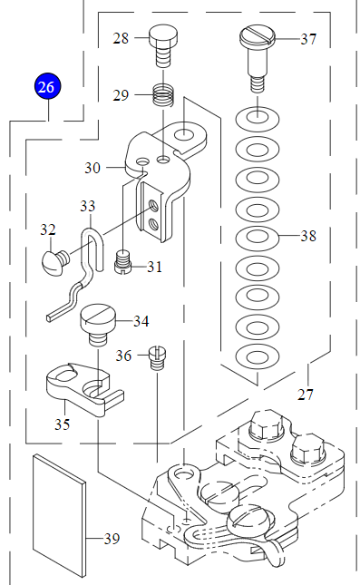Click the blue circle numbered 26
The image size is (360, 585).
click(46, 86)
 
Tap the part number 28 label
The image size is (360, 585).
click(121, 38)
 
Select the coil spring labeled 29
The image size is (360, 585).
click(164, 95)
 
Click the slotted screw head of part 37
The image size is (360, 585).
click(258, 35)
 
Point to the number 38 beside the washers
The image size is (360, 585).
click(308, 236)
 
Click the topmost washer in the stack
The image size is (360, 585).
click(258, 120)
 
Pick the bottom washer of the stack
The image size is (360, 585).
click(258, 356)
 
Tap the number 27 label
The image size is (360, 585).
click(306, 395)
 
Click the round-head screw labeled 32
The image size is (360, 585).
click(55, 261)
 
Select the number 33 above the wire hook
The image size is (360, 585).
click(88, 206)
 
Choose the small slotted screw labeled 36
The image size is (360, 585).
click(158, 357)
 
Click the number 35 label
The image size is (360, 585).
click(63, 424)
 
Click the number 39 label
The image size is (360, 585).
click(112, 539)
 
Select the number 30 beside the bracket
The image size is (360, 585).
click(92, 168)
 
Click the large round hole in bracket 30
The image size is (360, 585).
click(184, 133)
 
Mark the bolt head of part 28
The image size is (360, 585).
click(163, 36)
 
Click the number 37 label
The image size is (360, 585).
click(308, 39)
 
